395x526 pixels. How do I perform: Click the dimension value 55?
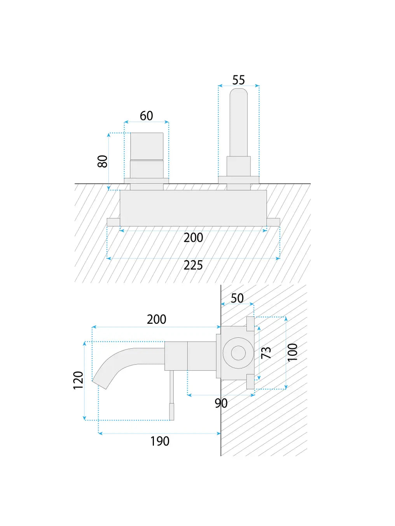coord(238,80)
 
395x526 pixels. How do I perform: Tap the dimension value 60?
coord(146,116)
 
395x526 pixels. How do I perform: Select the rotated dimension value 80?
coord(103,161)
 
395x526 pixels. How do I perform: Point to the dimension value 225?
coord(193,266)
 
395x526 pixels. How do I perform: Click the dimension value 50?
coord(237,298)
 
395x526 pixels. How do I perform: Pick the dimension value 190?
coord(160,441)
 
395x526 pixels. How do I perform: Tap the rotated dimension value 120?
coord(79,380)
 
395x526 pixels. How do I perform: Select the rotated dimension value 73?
coord(266,353)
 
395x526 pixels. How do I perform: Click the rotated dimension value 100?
coord(292,352)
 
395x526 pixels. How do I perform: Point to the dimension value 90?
coord(221,403)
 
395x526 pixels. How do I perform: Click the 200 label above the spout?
coord(156,319)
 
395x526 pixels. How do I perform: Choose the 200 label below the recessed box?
coord(193,238)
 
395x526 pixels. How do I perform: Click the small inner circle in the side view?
coord(238,353)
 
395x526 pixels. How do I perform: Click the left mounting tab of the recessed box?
coord(113,222)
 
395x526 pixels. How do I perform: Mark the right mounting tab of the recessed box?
coord(273,222)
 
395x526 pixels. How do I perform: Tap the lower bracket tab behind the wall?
coord(250,381)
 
